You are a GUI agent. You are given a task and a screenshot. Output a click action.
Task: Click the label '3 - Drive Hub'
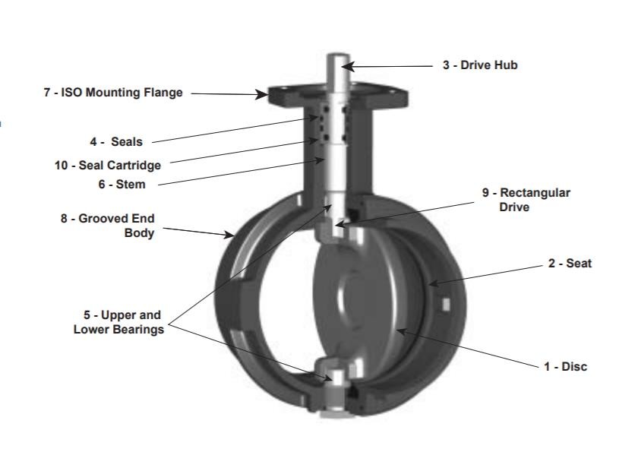479,65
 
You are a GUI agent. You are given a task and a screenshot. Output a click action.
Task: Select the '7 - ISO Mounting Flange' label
113,93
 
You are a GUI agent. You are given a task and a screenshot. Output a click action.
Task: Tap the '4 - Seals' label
115,141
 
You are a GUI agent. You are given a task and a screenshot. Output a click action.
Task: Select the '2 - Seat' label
570,264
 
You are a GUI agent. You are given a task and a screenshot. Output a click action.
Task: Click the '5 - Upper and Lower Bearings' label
118,322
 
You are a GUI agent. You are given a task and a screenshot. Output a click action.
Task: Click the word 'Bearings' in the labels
139,330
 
